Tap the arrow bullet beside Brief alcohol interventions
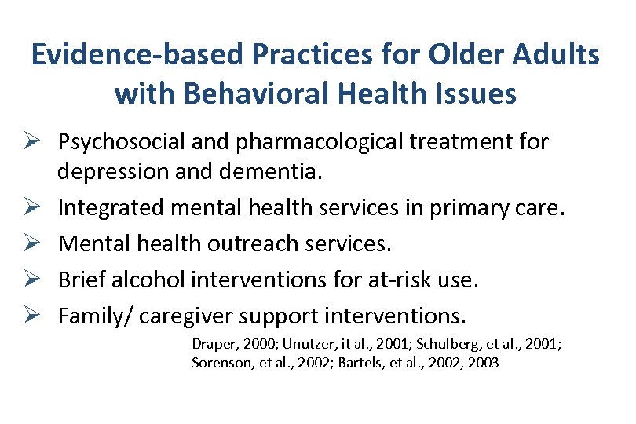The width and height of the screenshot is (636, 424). pos(39,280)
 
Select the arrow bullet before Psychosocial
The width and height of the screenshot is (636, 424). pos(39,142)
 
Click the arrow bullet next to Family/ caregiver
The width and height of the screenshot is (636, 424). pos(39,316)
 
